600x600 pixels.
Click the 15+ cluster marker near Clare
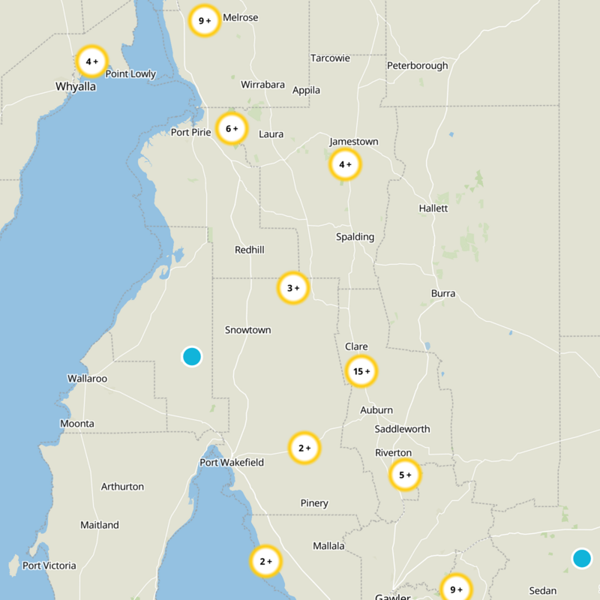pyautogui.click(x=361, y=371)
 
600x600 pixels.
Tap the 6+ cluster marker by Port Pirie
pyautogui.click(x=232, y=129)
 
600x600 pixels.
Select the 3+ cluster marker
pyautogui.click(x=293, y=287)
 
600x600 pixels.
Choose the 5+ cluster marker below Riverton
pyautogui.click(x=405, y=475)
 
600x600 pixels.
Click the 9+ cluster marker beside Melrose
pyautogui.click(x=204, y=21)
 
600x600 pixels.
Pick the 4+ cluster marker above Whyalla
pyautogui.click(x=92, y=61)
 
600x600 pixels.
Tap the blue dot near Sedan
pyautogui.click(x=581, y=558)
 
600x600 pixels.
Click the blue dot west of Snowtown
pyautogui.click(x=192, y=356)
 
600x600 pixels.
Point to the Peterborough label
pyautogui.click(x=417, y=65)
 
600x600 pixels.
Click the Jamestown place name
pyautogui.click(x=354, y=142)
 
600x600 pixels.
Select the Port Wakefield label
pyautogui.click(x=232, y=463)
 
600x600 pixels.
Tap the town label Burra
pyautogui.click(x=443, y=293)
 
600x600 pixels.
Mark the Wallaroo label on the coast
pyautogui.click(x=87, y=379)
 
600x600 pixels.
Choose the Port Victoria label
pyautogui.click(x=49, y=565)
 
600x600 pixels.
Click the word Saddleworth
pyautogui.click(x=402, y=429)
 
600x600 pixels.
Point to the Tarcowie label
pyautogui.click(x=330, y=58)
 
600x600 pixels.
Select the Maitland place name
pyautogui.click(x=100, y=525)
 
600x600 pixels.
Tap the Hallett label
pyautogui.click(x=433, y=208)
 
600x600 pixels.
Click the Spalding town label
pyautogui.click(x=355, y=237)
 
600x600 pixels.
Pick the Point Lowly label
pyautogui.click(x=130, y=73)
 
